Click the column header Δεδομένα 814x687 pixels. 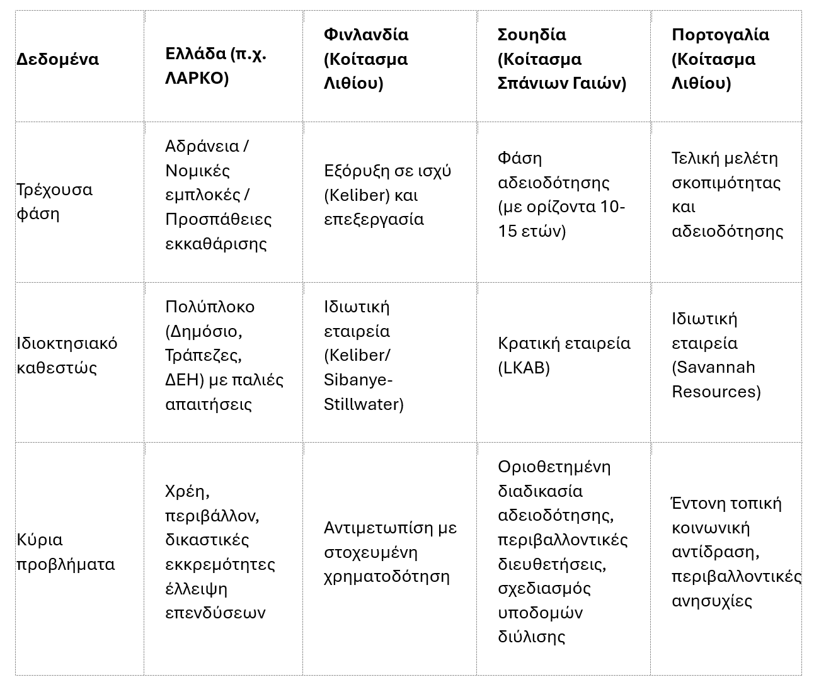coord(57,59)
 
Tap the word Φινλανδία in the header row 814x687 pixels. coord(365,35)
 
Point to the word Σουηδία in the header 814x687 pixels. coord(532,35)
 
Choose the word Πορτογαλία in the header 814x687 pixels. coord(720,35)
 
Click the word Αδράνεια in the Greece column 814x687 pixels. coord(202,146)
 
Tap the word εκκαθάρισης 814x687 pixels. coord(216,244)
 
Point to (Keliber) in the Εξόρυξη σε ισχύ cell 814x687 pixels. coord(357,195)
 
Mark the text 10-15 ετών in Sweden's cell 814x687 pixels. coord(561,219)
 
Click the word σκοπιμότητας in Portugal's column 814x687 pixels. coord(726,183)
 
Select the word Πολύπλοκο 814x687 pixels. coord(210,307)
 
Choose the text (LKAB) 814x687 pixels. coord(524,367)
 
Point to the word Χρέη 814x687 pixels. coord(187,491)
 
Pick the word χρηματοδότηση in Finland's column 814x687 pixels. coord(386,576)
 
